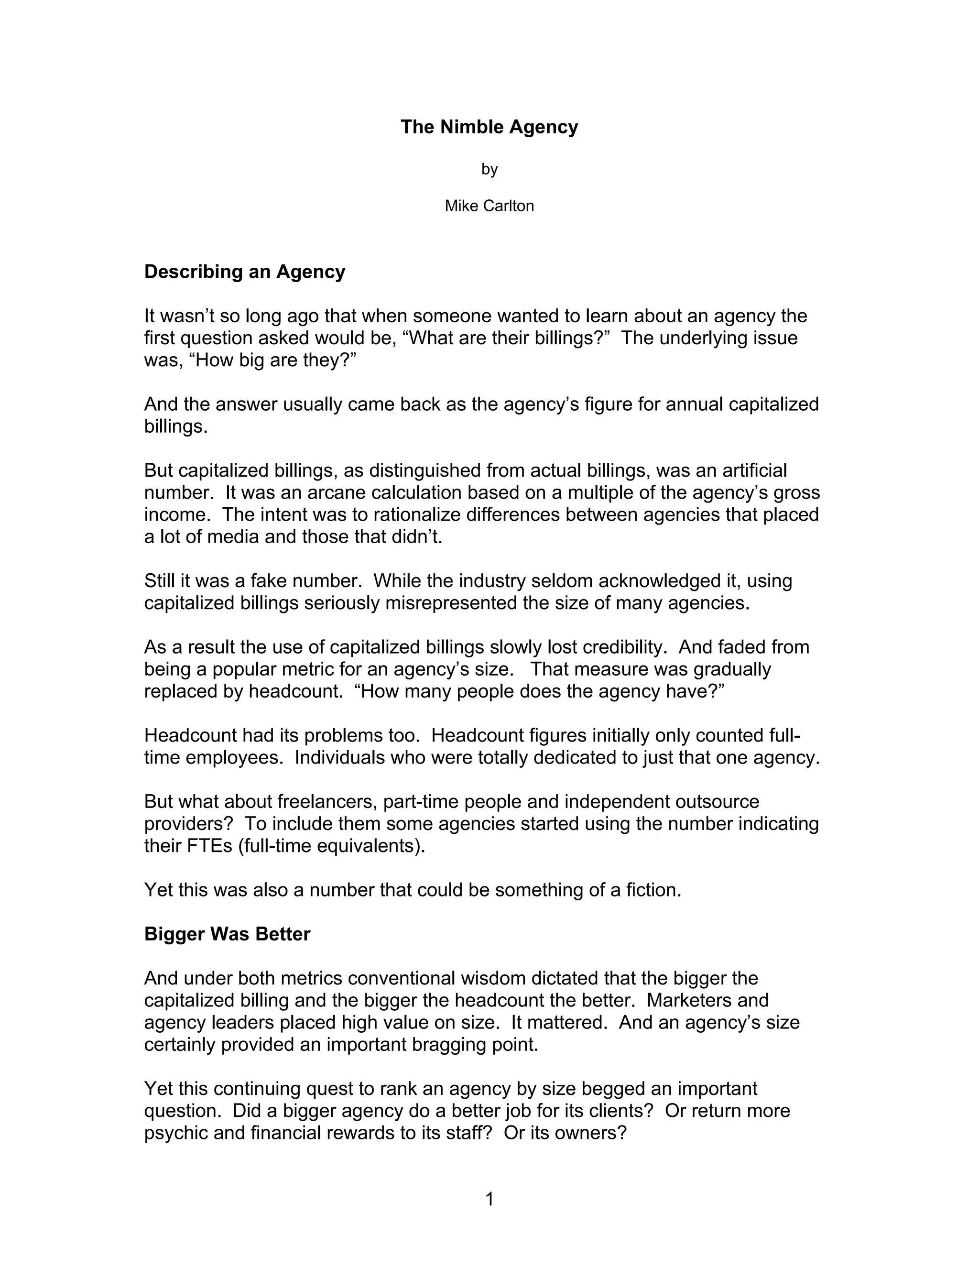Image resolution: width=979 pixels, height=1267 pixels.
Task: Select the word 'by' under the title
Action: coord(489,169)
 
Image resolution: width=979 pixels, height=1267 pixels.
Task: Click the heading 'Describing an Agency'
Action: coord(244,272)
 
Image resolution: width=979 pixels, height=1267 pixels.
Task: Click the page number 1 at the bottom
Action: coord(489,1199)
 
